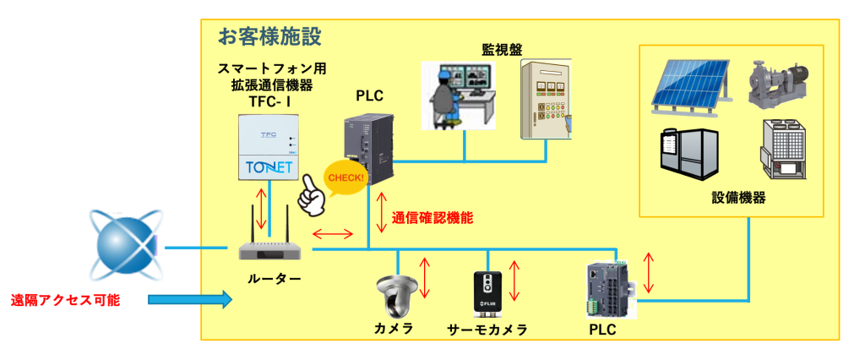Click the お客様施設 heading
pos(269,36)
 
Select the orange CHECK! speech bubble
pos(345,178)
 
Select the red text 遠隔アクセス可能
pos(65,299)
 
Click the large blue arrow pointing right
pos(189,298)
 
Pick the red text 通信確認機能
pos(431,217)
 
